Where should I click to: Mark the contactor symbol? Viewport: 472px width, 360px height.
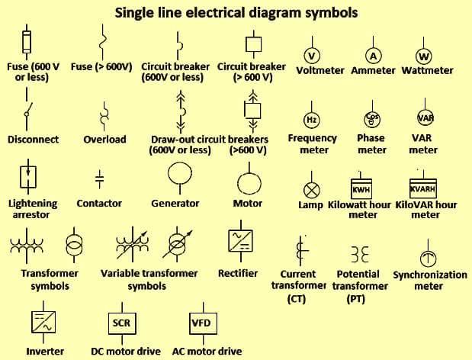coord(99,178)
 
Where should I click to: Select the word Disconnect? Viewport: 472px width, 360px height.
coord(33,140)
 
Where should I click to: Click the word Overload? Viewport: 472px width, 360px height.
coord(104,140)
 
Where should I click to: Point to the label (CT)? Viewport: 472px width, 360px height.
coord(297,299)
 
